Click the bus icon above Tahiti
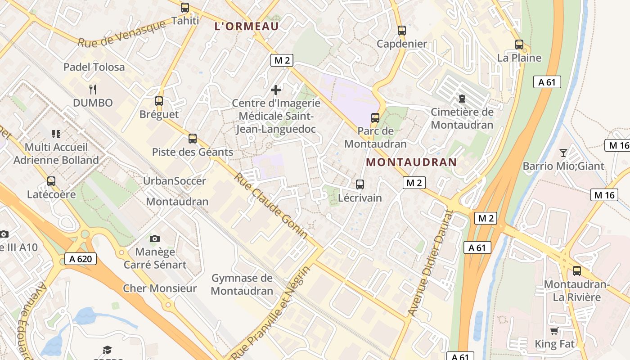click(185, 8)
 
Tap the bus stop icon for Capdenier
click(402, 31)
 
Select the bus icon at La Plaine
click(519, 45)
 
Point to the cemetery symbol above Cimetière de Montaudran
click(462, 98)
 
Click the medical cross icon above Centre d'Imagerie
click(276, 90)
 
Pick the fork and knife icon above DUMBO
click(93, 89)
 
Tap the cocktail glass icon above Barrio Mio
click(563, 153)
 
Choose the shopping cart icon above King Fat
click(554, 331)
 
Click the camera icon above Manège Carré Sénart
click(155, 238)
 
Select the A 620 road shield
click(81, 259)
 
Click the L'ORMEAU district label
click(247, 26)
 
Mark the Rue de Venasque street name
click(121, 34)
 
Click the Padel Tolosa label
click(94, 67)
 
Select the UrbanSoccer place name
click(174, 181)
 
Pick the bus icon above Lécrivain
click(360, 184)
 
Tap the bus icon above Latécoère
click(51, 181)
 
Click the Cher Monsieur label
click(160, 288)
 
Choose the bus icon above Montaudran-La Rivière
click(577, 271)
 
